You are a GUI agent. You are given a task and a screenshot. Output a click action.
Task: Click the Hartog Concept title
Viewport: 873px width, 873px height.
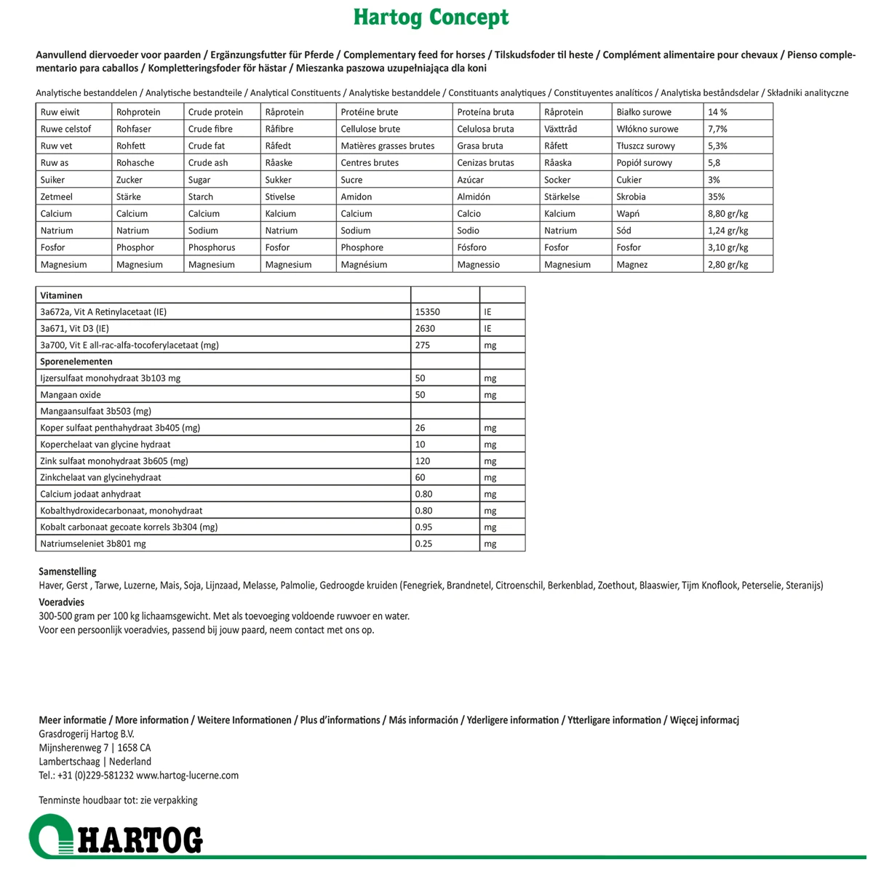tap(431, 17)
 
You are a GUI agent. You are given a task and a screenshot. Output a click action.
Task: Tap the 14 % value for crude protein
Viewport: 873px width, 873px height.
tap(717, 112)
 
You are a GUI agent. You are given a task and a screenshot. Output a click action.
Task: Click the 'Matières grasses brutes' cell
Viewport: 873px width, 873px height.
tap(387, 145)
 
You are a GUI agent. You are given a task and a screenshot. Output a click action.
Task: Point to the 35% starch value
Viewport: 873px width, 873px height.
tap(717, 196)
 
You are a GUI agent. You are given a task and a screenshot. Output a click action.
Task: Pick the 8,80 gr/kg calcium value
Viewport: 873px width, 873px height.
tap(727, 214)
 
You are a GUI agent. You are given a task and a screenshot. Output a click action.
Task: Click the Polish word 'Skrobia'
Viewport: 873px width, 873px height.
tap(631, 196)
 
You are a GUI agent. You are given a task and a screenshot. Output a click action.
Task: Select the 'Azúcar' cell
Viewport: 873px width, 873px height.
tap(471, 180)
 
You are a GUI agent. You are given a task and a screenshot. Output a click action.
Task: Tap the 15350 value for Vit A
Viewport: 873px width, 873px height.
tap(427, 312)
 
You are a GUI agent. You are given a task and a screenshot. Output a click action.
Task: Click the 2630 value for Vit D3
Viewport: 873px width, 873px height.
tap(425, 329)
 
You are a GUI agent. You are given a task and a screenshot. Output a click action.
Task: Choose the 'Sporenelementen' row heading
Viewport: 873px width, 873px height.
tap(76, 362)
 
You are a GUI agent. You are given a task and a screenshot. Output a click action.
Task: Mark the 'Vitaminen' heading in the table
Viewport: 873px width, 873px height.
tap(61, 296)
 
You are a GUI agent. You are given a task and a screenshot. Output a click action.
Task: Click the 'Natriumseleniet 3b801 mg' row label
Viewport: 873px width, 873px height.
tap(93, 543)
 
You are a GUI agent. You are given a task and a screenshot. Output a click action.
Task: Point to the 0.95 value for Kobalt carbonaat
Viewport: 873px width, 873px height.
tap(423, 527)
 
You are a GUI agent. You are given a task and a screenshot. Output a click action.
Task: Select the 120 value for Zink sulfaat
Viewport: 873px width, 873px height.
tap(422, 461)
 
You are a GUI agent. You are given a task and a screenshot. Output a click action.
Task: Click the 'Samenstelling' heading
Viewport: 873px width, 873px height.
tap(68, 572)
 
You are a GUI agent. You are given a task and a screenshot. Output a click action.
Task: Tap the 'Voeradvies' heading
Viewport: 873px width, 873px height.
tap(61, 602)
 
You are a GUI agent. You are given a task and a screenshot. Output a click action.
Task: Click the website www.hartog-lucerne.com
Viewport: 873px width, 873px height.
tap(187, 776)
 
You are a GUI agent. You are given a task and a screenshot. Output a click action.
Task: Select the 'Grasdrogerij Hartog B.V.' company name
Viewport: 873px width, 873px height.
tap(87, 734)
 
